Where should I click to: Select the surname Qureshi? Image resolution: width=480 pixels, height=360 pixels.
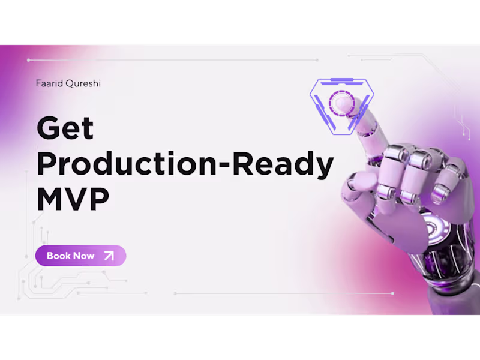point(82,84)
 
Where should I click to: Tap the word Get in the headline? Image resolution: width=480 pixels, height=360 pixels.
point(65,128)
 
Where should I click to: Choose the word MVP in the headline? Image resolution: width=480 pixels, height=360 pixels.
point(73,199)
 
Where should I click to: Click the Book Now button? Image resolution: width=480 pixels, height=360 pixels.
point(80,256)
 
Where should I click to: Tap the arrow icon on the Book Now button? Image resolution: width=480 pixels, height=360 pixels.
point(109,256)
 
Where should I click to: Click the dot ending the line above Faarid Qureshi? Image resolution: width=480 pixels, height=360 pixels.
point(29,60)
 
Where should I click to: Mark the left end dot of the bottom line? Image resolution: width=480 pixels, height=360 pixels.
point(175,293)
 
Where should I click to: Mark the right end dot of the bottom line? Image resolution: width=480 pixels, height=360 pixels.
point(392,293)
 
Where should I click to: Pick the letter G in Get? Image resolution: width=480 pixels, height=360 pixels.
point(49,128)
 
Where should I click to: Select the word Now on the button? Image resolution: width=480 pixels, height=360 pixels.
point(84,256)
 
